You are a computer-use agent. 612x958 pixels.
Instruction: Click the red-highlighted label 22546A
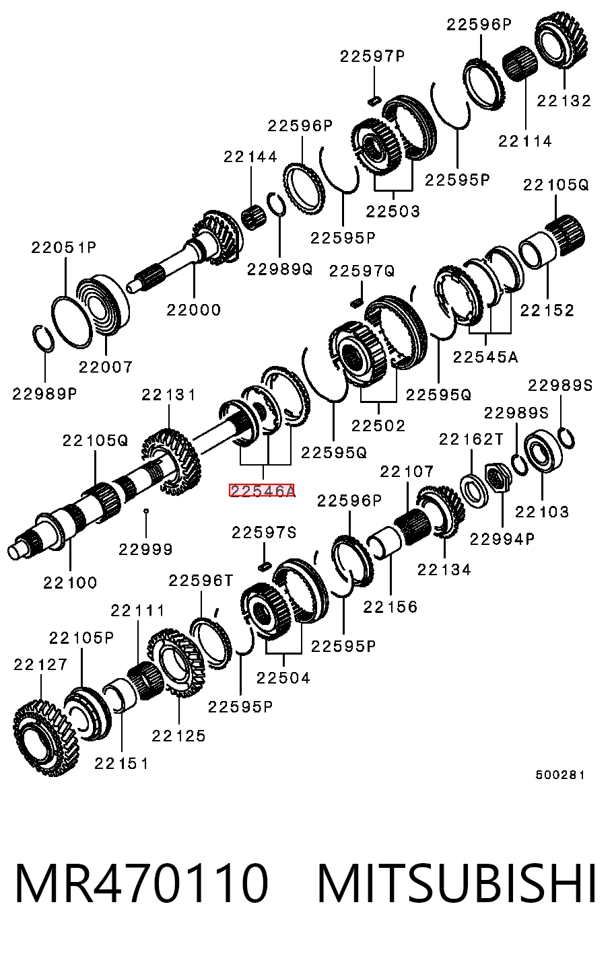(262, 490)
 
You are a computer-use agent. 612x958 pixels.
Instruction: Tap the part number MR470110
(141, 884)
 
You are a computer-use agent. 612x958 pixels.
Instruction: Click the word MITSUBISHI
(457, 884)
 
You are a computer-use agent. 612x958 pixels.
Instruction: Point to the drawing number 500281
(559, 774)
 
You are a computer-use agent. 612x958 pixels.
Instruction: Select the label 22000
(193, 309)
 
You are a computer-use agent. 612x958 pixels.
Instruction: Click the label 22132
(564, 101)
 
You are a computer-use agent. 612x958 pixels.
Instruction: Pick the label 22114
(525, 141)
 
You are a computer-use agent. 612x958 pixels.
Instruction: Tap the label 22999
(145, 549)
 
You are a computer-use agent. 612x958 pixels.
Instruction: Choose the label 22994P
(502, 540)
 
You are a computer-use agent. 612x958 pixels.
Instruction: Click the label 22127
(40, 665)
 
